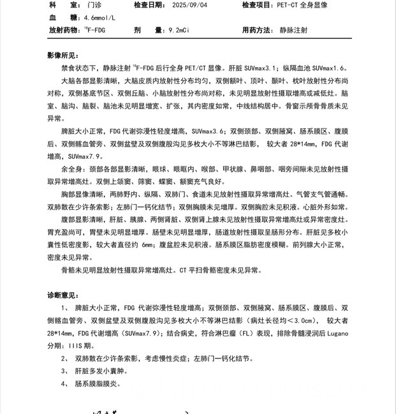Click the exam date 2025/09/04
pos(189,4)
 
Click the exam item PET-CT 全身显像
pos(302,4)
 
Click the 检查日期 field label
pos(148,4)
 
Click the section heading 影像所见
pos(64,55)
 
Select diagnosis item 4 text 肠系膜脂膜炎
pos(98,383)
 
